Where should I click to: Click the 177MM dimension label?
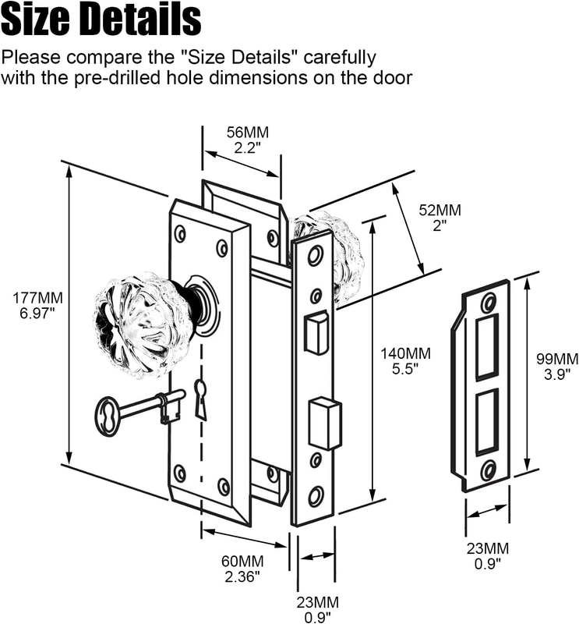click(37, 297)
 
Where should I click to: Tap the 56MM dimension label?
click(248, 132)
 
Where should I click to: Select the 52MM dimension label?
click(440, 210)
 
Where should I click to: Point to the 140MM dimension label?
click(406, 353)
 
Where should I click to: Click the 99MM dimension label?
click(557, 359)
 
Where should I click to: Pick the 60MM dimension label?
click(242, 561)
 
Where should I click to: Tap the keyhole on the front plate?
click(201, 399)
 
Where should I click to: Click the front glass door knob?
click(135, 324)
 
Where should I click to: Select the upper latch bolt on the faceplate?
click(316, 333)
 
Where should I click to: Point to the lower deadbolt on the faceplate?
click(326, 424)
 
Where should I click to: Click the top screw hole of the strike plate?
click(489, 304)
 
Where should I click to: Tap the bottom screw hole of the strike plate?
click(489, 472)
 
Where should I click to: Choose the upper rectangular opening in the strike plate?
click(487, 346)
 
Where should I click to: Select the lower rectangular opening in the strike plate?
click(487, 421)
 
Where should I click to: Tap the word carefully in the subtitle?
click(340, 58)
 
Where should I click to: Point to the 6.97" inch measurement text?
click(37, 313)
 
